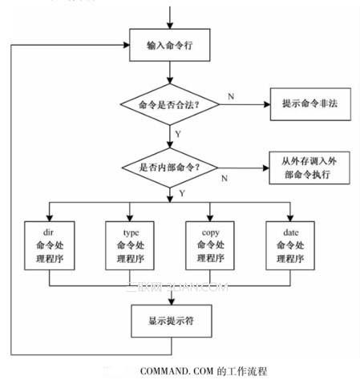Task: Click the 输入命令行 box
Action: click(x=171, y=47)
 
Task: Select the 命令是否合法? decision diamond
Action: click(x=169, y=104)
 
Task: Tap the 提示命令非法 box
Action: click(x=309, y=104)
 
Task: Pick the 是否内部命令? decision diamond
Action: click(x=169, y=168)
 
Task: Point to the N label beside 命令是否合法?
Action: click(x=231, y=96)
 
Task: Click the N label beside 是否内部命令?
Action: click(x=224, y=178)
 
